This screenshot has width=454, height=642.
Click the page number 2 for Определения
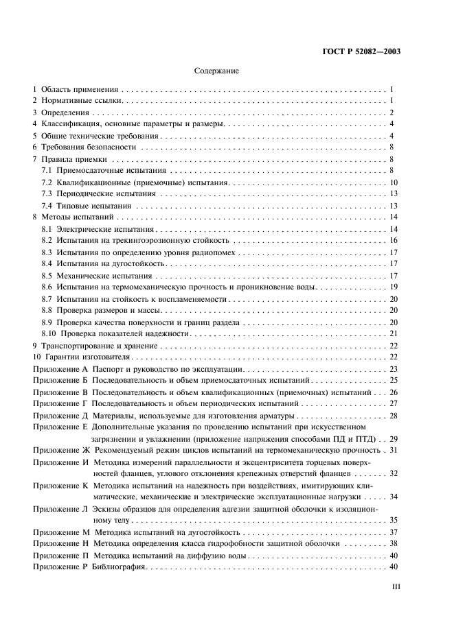(391, 112)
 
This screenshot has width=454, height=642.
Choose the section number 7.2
(47, 182)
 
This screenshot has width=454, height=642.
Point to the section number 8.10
(49, 333)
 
